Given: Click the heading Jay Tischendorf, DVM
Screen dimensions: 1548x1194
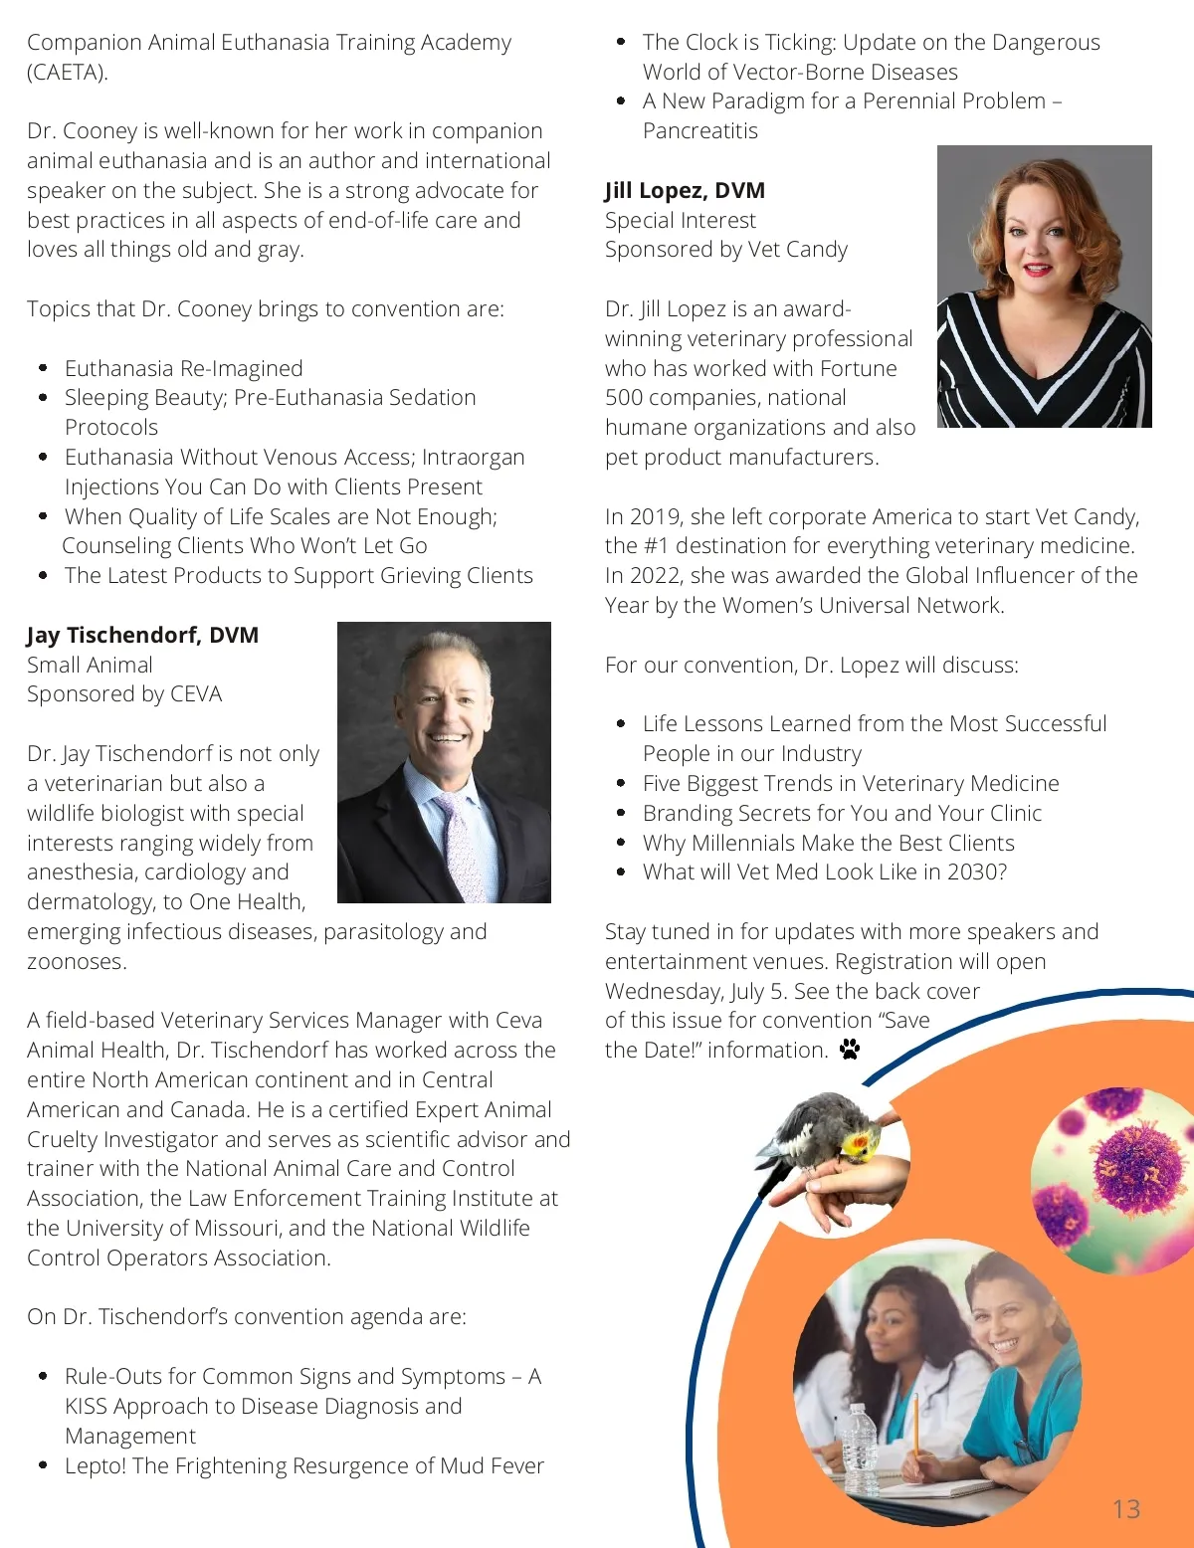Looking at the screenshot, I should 142,635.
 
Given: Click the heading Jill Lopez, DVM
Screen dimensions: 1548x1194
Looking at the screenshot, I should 685,190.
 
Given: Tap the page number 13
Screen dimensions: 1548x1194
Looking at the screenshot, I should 1125,1509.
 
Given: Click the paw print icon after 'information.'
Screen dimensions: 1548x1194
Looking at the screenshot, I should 849,1050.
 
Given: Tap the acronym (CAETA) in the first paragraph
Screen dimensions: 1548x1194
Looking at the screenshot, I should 68,72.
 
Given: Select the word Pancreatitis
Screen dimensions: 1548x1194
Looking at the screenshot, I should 699,131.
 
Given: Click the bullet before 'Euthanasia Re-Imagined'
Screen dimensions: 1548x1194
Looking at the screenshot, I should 43,368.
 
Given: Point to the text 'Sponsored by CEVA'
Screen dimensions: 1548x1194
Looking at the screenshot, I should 124,694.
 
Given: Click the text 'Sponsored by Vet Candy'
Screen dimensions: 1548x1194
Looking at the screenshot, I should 725,250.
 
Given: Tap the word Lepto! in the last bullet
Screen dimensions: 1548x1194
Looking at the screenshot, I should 95,1465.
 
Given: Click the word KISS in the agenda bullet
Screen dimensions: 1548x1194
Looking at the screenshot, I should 86,1406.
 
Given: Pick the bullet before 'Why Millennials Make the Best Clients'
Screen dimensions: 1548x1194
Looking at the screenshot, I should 621,843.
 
